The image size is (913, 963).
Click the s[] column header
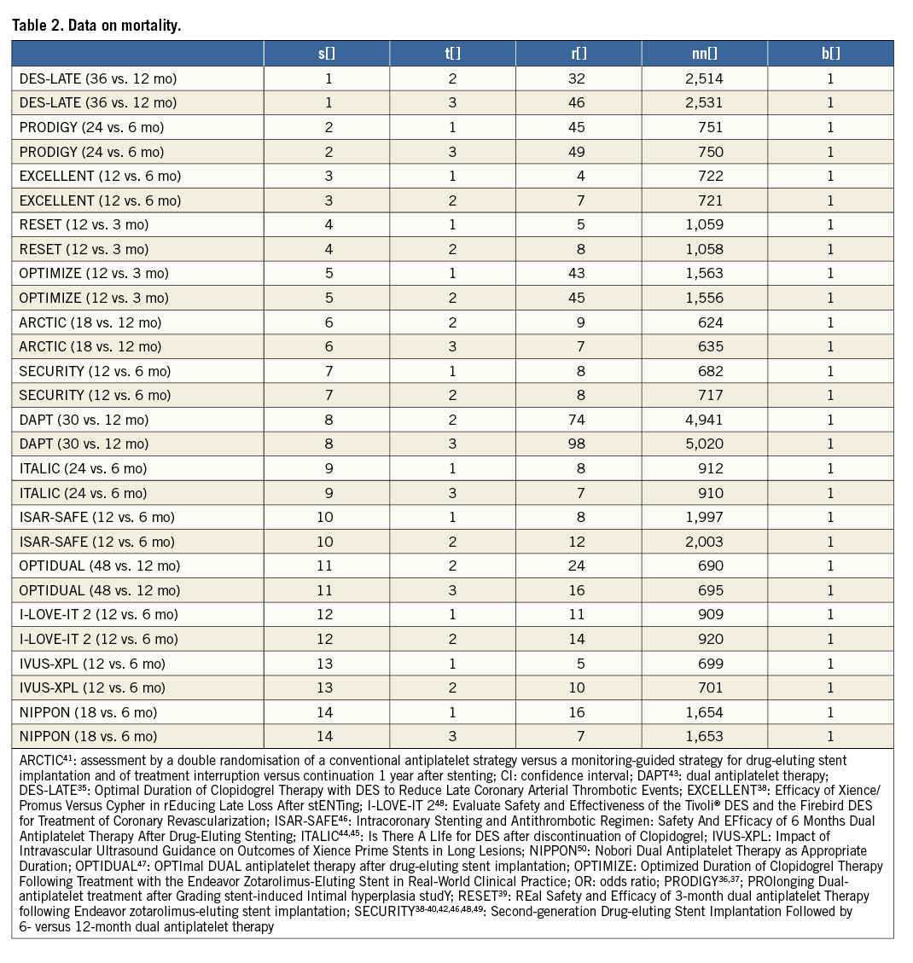click(326, 53)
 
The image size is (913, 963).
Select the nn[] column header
click(705, 53)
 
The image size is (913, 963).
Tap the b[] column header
click(830, 53)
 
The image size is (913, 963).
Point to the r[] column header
click(579, 53)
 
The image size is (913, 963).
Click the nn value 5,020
click(705, 444)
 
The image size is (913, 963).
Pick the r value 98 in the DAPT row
click(579, 444)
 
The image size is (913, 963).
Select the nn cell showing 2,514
click(705, 78)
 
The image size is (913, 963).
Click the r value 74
click(579, 420)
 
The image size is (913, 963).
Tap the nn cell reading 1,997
click(705, 517)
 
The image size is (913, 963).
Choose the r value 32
click(579, 78)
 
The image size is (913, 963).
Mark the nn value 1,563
click(705, 274)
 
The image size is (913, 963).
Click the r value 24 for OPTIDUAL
click(579, 566)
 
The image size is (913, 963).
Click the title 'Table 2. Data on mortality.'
click(96, 26)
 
